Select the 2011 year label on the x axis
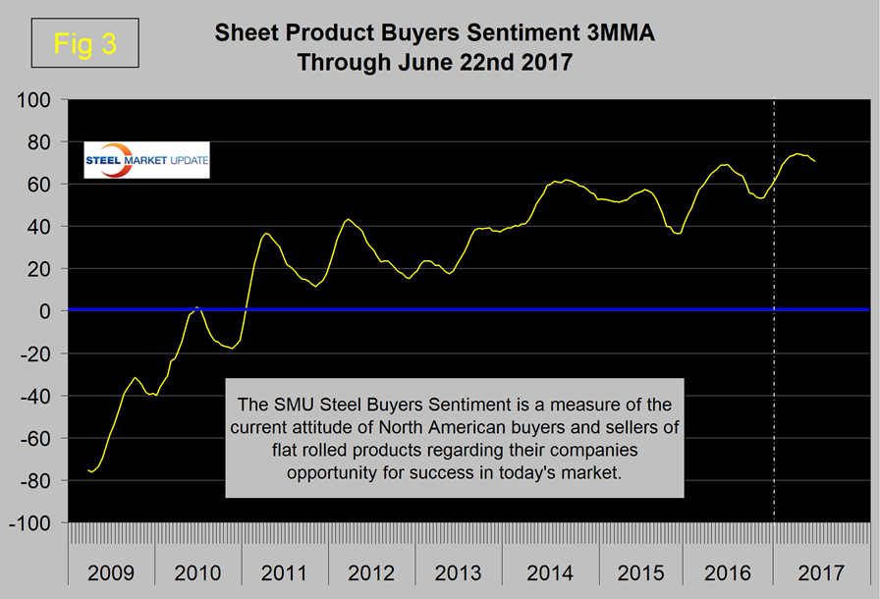point(285,572)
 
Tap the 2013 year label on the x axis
point(459,572)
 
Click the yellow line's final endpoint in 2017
point(815,160)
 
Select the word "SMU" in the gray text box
point(296,404)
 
